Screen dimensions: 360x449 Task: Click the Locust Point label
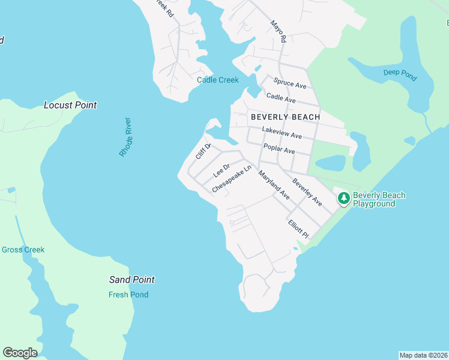pyautogui.click(x=70, y=105)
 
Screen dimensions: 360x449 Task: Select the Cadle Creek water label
pyautogui.click(x=218, y=80)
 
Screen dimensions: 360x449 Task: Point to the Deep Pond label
pyautogui.click(x=399, y=73)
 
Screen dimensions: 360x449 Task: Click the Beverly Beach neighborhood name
pyautogui.click(x=285, y=116)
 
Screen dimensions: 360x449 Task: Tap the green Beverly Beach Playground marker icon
pyautogui.click(x=344, y=198)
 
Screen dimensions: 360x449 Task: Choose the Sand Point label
pyautogui.click(x=132, y=280)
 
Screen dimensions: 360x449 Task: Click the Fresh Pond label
pyautogui.click(x=128, y=295)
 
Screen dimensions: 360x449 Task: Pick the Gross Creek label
pyautogui.click(x=23, y=250)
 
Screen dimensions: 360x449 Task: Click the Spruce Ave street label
pyautogui.click(x=289, y=83)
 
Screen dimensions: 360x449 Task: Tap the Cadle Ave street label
pyautogui.click(x=281, y=98)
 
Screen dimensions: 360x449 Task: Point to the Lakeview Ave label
pyautogui.click(x=282, y=133)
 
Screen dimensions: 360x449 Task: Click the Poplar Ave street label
pyautogui.click(x=279, y=148)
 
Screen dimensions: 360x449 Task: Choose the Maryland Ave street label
pyautogui.click(x=274, y=185)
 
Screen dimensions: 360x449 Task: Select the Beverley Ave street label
pyautogui.click(x=307, y=192)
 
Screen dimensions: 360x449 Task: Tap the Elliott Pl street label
pyautogui.click(x=298, y=228)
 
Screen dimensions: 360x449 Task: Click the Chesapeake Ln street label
pyautogui.click(x=231, y=180)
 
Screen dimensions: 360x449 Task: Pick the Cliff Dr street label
pyautogui.click(x=203, y=151)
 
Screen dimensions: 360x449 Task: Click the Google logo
pyautogui.click(x=20, y=352)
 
